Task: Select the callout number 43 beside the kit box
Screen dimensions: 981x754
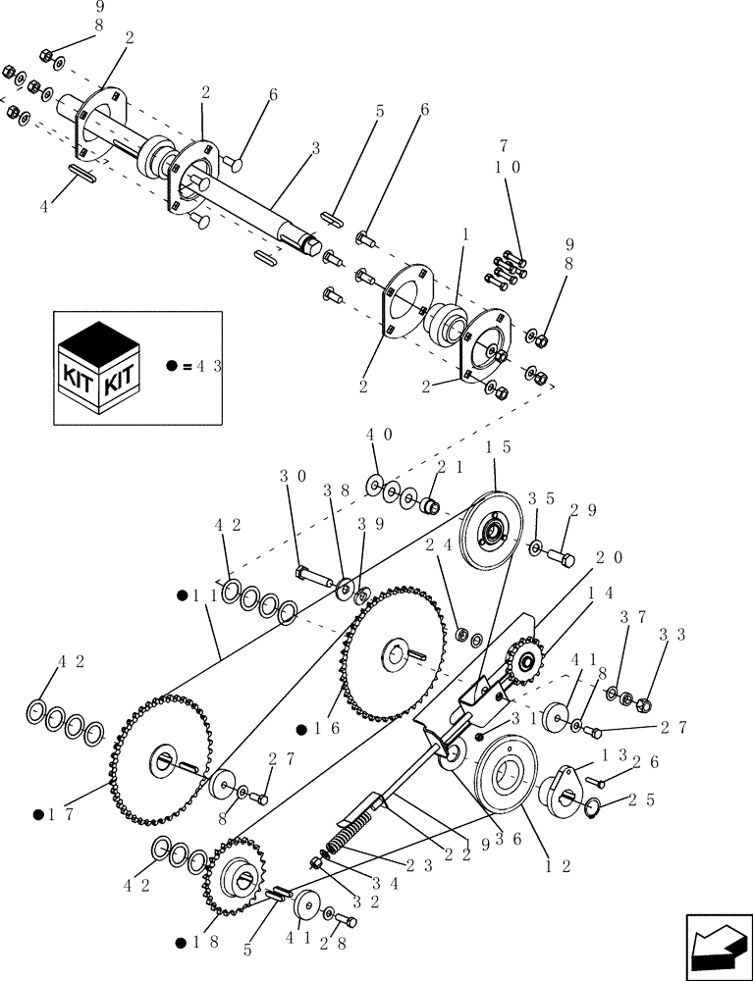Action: [x=208, y=367]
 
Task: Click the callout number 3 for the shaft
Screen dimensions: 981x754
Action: [x=315, y=148]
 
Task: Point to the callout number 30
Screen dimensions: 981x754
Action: [x=289, y=476]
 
